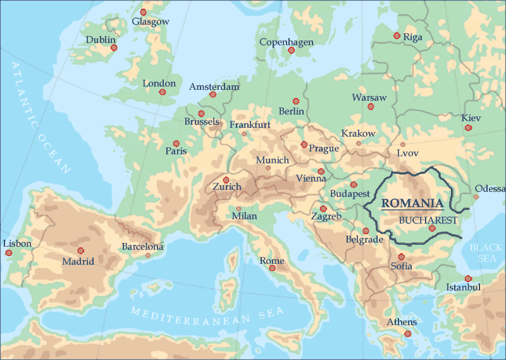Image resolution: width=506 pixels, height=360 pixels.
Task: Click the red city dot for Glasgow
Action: tap(143, 12)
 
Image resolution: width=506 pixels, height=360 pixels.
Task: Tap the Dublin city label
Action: tap(101, 40)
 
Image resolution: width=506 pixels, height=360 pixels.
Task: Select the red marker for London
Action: tap(163, 92)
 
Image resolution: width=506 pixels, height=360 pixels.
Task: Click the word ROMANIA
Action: tap(412, 203)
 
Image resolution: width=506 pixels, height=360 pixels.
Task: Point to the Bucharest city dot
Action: tap(432, 228)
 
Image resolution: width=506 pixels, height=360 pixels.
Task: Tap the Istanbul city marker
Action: tap(468, 278)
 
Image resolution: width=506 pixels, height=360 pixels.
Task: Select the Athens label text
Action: tap(402, 323)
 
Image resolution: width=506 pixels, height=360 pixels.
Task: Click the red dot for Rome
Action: tap(273, 268)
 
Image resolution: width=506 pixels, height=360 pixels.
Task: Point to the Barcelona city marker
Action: tap(148, 256)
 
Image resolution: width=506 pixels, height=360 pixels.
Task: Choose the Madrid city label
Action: tap(78, 261)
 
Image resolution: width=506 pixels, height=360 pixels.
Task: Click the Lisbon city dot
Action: tap(8, 252)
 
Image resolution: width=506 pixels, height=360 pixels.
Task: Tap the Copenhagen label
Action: tap(287, 42)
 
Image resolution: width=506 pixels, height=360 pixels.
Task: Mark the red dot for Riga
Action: tap(397, 35)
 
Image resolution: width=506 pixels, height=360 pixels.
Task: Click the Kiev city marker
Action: tap(468, 128)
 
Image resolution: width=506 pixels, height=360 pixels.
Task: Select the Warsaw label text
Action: tap(369, 97)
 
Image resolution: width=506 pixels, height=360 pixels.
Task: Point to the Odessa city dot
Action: tap(476, 196)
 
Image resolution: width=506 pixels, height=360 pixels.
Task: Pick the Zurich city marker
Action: tap(226, 180)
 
